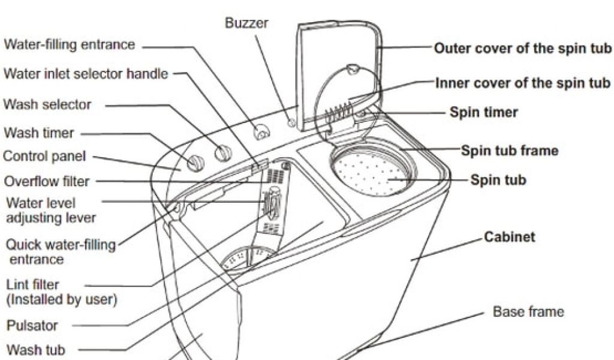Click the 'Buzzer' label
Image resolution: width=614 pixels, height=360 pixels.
(246, 23)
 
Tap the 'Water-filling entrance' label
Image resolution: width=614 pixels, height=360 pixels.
(70, 45)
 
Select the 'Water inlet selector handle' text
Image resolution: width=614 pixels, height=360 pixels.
(86, 74)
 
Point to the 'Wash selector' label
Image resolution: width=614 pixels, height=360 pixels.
(47, 104)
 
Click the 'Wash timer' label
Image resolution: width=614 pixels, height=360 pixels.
(38, 133)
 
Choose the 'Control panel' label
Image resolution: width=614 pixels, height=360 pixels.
(44, 157)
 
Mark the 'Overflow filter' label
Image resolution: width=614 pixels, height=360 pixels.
(46, 181)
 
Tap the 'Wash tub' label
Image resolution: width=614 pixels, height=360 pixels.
(35, 349)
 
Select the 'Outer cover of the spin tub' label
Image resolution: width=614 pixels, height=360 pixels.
(522, 48)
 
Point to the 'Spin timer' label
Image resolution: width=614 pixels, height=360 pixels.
(484, 112)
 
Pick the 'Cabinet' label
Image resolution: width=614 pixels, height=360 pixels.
(510, 237)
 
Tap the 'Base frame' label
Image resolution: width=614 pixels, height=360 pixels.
(528, 312)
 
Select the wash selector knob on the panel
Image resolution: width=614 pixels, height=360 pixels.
(222, 154)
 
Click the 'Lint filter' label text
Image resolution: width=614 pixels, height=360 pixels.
(33, 284)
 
